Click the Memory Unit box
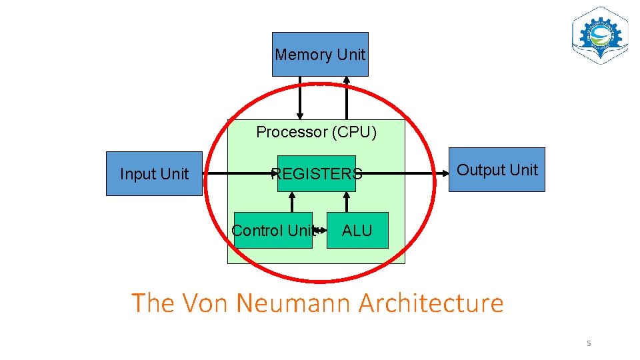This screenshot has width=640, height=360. [x=320, y=55]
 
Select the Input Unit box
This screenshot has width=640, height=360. [x=154, y=174]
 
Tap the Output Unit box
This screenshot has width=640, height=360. [x=497, y=170]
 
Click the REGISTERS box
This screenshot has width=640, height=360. [x=317, y=174]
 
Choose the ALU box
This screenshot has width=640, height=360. [x=357, y=231]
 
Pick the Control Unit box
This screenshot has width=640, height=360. [x=273, y=231]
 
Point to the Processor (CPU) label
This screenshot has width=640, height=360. [x=317, y=132]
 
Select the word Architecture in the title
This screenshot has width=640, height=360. [x=431, y=303]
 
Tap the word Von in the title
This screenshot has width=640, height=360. [x=205, y=303]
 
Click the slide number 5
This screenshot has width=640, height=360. [x=588, y=343]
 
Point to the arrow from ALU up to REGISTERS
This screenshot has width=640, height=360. [x=347, y=202]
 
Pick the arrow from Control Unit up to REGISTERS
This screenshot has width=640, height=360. [x=292, y=202]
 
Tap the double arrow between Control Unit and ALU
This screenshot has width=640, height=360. [x=320, y=231]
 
